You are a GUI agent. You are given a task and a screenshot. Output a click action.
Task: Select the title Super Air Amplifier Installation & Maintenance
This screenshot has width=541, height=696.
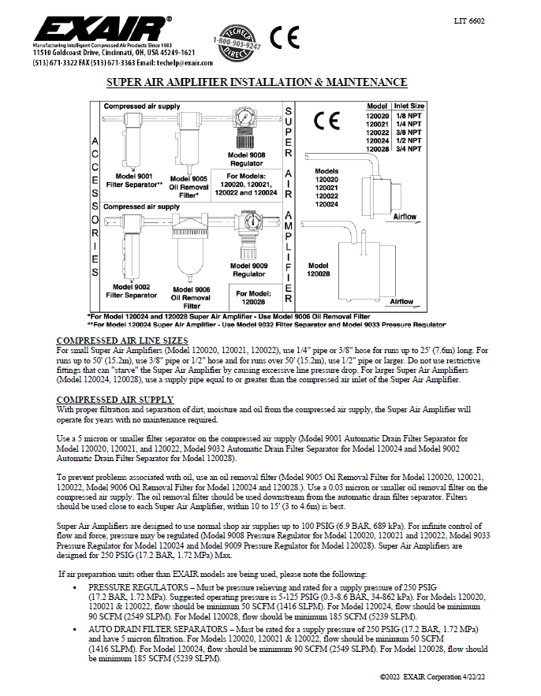pos(256,83)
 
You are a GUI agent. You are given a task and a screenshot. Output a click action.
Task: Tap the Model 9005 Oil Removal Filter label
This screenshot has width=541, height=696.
pos(188,184)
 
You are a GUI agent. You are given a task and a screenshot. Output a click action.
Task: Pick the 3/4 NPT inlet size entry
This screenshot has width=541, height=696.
pos(409,148)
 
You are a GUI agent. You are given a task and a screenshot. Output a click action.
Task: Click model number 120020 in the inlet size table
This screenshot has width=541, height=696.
pos(378,115)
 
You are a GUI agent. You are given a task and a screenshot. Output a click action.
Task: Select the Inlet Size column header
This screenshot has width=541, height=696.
pos(410,106)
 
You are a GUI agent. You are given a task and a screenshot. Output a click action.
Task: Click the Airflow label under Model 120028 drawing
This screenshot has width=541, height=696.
pos(401,301)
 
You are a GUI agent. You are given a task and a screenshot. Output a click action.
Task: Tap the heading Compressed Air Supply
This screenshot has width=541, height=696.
pos(114,400)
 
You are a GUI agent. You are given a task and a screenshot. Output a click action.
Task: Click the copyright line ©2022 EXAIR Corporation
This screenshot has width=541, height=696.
pos(432,677)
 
